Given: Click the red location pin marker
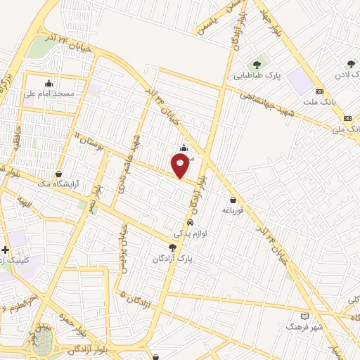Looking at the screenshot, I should [x=180, y=166].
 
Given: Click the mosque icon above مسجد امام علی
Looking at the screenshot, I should [x=49, y=82].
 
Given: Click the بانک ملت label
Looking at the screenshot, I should [x=321, y=103].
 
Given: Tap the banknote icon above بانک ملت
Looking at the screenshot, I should [x=320, y=92].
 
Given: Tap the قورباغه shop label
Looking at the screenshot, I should [x=233, y=210].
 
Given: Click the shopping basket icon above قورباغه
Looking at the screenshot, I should [x=233, y=199].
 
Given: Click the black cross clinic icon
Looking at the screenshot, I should [x=6, y=250].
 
